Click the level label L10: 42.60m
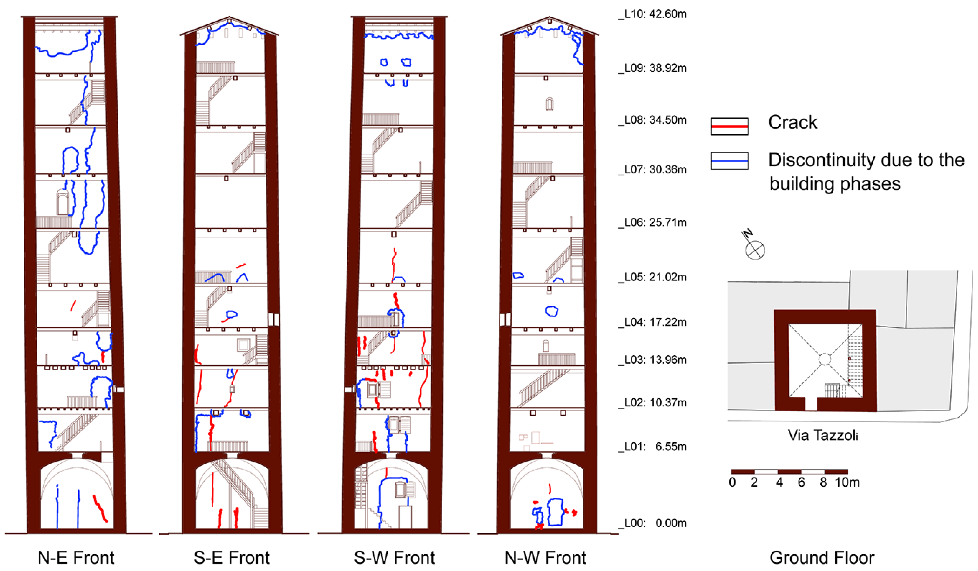click(x=654, y=14)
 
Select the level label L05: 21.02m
click(x=654, y=277)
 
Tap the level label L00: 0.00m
click(x=654, y=523)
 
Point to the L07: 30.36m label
click(x=654, y=170)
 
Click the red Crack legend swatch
click(x=729, y=127)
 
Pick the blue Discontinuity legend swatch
click(x=729, y=161)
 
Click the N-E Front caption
click(x=76, y=558)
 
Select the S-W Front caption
click(x=394, y=558)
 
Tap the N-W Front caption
click(x=545, y=558)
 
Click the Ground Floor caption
click(x=822, y=558)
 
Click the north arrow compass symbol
click(x=755, y=250)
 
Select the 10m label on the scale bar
click(x=847, y=482)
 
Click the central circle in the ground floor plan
click(x=825, y=359)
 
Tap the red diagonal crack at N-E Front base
click(x=100, y=508)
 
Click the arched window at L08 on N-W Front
click(x=549, y=104)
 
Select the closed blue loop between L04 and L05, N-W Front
click(x=551, y=311)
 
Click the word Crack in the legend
click(x=793, y=122)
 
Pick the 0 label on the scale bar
click(x=732, y=482)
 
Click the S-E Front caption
click(x=232, y=558)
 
